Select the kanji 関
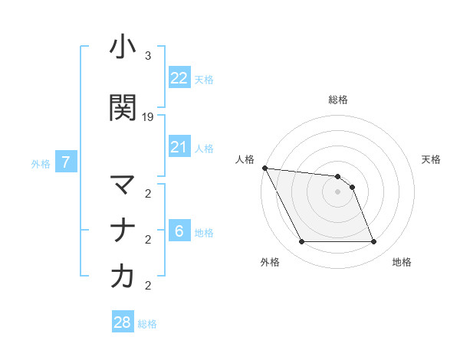click(x=123, y=108)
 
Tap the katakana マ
click(x=123, y=185)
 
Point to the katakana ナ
click(x=123, y=230)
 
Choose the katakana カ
click(x=123, y=277)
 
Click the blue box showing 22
click(x=179, y=78)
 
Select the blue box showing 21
click(x=179, y=147)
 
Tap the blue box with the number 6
click(x=179, y=231)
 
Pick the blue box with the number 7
click(x=67, y=162)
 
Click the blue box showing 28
click(x=123, y=322)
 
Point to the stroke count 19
click(x=148, y=117)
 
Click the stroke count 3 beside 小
click(x=148, y=56)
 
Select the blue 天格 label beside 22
click(x=204, y=80)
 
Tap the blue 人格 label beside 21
click(x=204, y=149)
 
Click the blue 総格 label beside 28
click(x=147, y=324)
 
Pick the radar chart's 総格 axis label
click(x=338, y=100)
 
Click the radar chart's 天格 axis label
click(x=431, y=159)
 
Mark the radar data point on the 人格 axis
click(x=264, y=168)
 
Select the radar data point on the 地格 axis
click(x=374, y=242)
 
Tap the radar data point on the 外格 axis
click(x=301, y=242)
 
